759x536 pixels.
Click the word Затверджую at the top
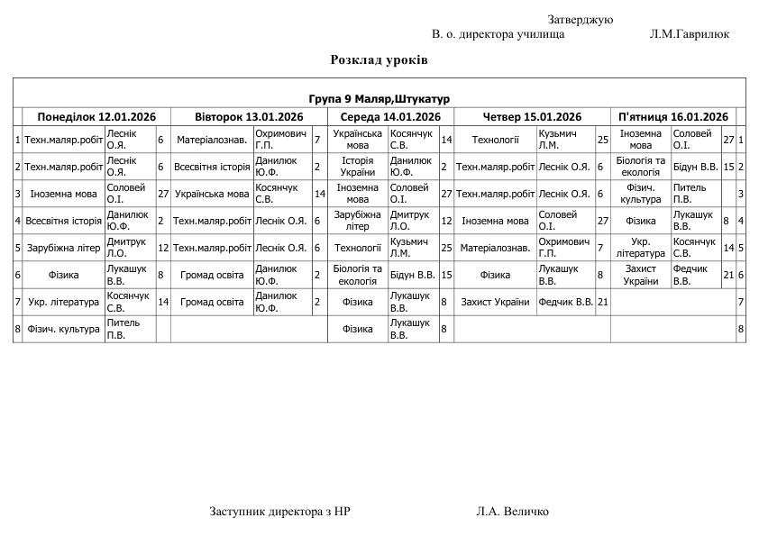coord(580,20)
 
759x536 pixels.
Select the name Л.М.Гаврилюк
coord(689,34)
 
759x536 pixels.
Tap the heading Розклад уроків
coord(379,59)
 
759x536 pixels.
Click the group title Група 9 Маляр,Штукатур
coord(379,98)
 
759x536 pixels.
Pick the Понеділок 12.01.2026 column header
coord(96,116)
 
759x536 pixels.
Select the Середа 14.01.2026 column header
coord(389,116)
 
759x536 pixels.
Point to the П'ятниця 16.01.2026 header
coord(672,116)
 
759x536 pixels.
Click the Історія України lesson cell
coord(358,167)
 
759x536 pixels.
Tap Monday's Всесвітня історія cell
coord(63,221)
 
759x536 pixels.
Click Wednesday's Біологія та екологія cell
coord(358,275)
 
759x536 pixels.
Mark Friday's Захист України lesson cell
coord(640,275)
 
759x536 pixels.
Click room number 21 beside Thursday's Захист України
coord(603,302)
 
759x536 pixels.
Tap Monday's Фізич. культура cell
coord(63,329)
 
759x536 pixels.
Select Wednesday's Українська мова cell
coord(358,140)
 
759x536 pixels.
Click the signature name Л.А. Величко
coord(512,512)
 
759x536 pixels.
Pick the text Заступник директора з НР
coord(279,512)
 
